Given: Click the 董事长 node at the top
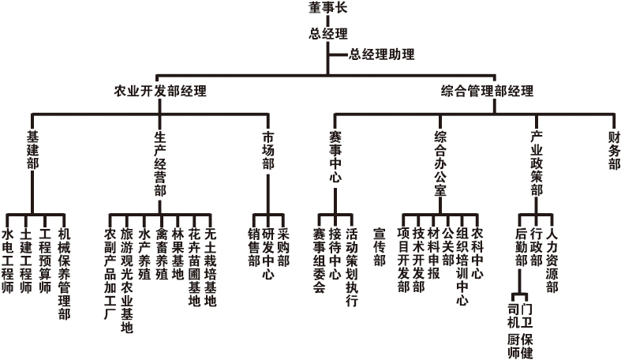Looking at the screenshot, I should pos(325,9).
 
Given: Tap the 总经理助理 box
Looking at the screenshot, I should pos(381,55).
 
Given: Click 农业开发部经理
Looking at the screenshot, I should pos(160,91).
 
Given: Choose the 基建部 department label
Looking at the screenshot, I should pos(32,150).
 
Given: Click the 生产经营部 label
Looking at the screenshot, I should pos(160,163).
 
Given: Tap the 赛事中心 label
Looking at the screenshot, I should pos(335,156).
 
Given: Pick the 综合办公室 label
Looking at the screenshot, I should pos(440,163).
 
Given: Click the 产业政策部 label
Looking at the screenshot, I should pos(536,163).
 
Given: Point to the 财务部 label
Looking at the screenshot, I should pos(614,150).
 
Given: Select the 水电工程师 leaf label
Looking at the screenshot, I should pos(8,261).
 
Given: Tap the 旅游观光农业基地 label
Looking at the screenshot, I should pos(127,281).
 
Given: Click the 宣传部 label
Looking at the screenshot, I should pos(379,247).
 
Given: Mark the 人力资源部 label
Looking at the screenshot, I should pos(552,261).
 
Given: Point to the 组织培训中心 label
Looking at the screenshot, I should pos(462,267).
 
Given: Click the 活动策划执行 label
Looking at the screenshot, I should pos(352,267).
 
